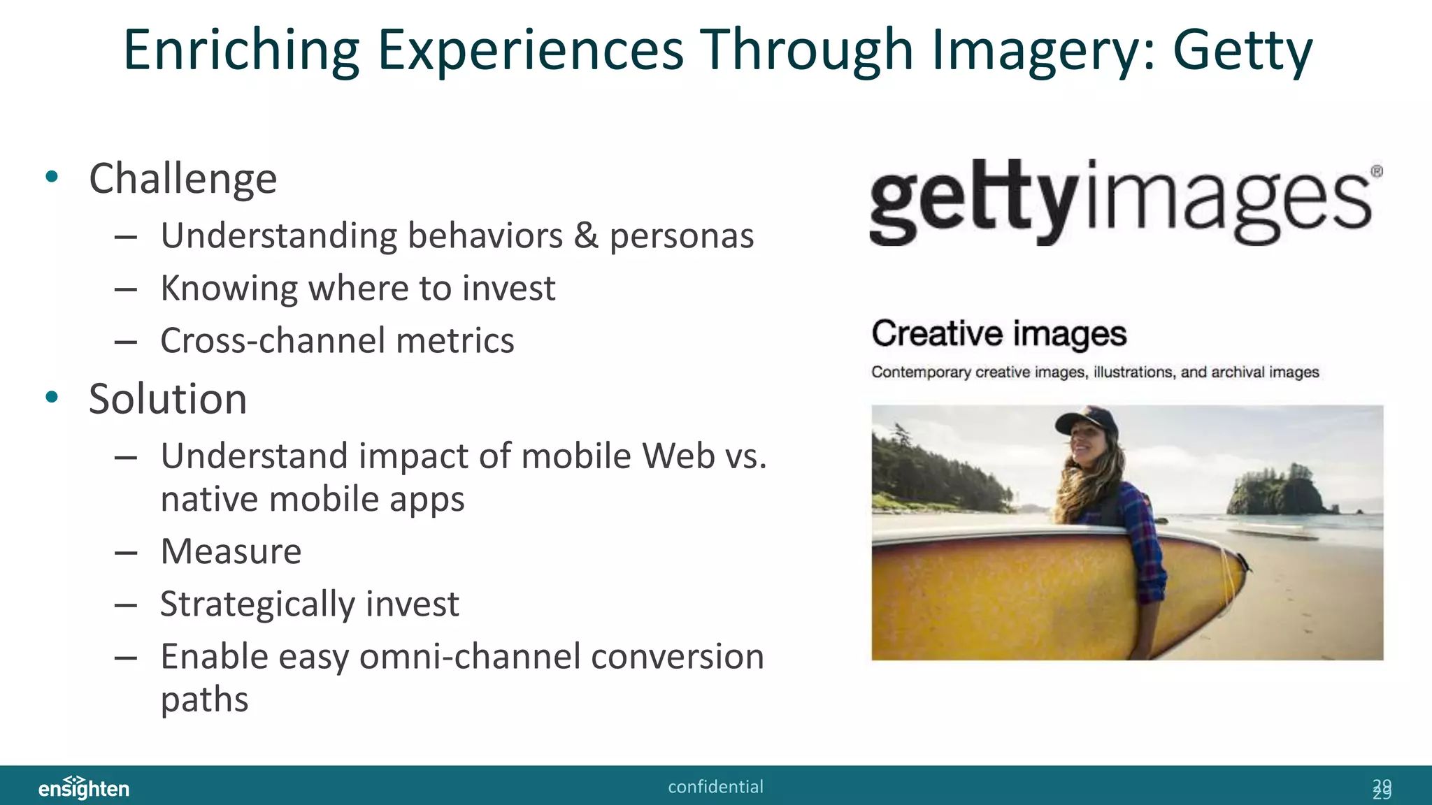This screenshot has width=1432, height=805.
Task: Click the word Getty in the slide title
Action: tap(1243, 50)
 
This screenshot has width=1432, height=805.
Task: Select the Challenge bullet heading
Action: tap(183, 179)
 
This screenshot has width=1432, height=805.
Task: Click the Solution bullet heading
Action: tap(168, 399)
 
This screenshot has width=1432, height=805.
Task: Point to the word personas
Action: tap(681, 236)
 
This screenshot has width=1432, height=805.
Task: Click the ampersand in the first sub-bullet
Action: tap(586, 235)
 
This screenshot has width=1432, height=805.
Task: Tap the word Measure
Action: tap(231, 551)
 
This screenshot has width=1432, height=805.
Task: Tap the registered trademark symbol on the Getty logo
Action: tap(1376, 171)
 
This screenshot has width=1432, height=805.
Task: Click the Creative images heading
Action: tap(998, 333)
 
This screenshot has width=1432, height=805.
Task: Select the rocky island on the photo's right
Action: tap(1277, 489)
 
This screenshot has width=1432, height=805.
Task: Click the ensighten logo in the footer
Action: tap(84, 787)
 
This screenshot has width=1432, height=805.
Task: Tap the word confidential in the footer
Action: tap(715, 787)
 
